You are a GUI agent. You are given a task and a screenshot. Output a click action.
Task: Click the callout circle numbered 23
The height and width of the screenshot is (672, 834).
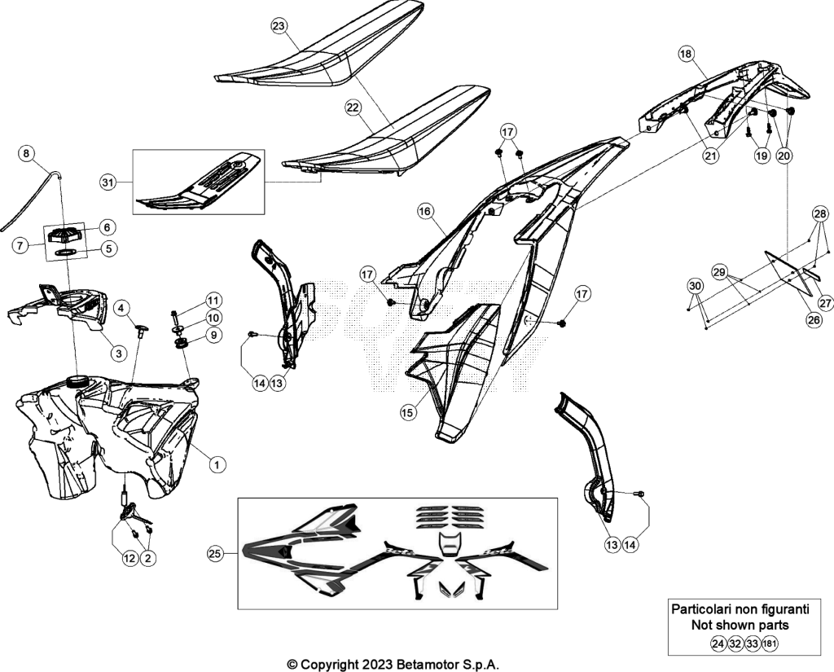279,25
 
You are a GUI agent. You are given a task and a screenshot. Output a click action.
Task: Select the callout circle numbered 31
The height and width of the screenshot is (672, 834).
108,182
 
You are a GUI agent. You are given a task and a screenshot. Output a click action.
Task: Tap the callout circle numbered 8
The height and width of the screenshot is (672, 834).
26,154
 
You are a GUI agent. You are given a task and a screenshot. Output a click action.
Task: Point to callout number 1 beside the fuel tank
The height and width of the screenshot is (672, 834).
217,464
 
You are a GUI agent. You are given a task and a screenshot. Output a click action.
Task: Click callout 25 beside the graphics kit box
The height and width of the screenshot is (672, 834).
214,554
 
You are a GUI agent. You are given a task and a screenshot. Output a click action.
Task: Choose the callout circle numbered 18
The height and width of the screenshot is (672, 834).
686,54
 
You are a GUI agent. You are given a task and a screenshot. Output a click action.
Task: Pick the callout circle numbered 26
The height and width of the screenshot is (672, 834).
814,319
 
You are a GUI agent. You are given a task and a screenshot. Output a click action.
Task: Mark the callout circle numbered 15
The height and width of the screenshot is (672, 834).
408,412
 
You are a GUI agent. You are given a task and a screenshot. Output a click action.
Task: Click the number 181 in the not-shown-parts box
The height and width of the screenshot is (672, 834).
770,643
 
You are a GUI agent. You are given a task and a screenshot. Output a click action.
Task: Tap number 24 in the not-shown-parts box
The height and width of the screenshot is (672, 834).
718,643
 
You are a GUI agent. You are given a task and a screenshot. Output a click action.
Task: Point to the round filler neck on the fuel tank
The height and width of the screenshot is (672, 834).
77,381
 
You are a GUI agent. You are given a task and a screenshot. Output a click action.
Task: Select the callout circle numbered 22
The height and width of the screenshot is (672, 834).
353,108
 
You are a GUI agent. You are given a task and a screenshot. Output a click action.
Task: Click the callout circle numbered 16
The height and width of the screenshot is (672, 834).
424,212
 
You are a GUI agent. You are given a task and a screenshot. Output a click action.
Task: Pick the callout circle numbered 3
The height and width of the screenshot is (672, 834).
119,353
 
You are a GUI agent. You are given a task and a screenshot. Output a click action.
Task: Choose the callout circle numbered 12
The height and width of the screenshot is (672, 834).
129,558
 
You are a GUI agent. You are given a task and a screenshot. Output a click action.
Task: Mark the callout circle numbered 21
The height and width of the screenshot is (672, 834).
710,156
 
